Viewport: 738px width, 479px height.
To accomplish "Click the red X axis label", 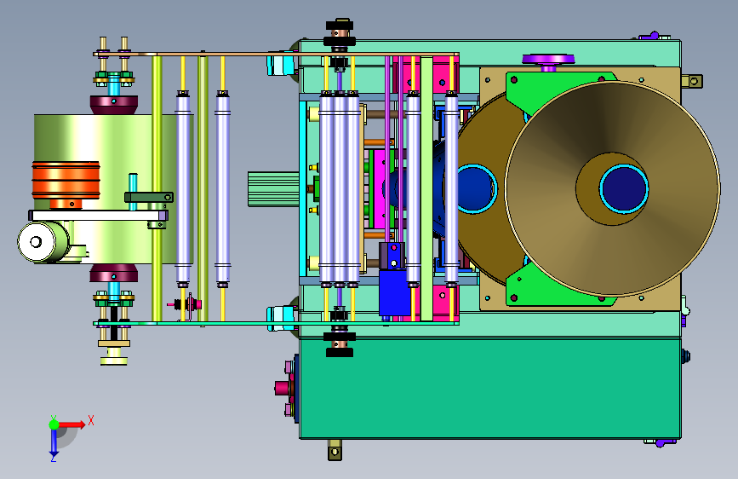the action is pyautogui.click(x=91, y=420).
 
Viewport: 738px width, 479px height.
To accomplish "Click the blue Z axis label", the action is pyautogui.click(x=53, y=458).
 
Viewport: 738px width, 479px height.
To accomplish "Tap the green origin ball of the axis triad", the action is pyautogui.click(x=54, y=424).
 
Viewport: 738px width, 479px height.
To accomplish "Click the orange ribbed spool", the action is pyautogui.click(x=66, y=180).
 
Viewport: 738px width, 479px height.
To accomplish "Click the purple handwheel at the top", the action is pyautogui.click(x=548, y=60).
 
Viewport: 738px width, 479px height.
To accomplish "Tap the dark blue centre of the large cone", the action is pyautogui.click(x=624, y=188).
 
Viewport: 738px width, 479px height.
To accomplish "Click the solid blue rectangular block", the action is pyautogui.click(x=394, y=292).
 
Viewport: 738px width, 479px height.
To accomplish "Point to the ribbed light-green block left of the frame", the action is pyautogui.click(x=273, y=189).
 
